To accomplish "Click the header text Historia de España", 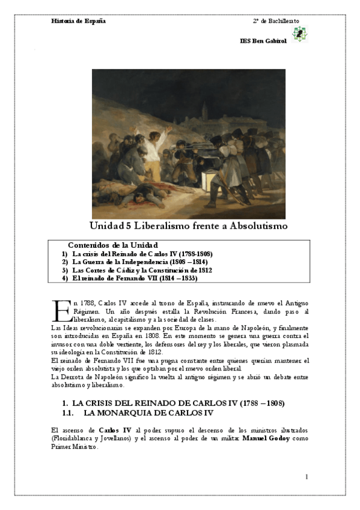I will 79,21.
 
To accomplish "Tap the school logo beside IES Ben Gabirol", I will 297,34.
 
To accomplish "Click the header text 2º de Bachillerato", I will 276,21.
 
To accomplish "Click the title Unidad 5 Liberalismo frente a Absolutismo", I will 189,226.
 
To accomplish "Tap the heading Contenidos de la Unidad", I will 113,245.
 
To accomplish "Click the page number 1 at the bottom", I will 307,477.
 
